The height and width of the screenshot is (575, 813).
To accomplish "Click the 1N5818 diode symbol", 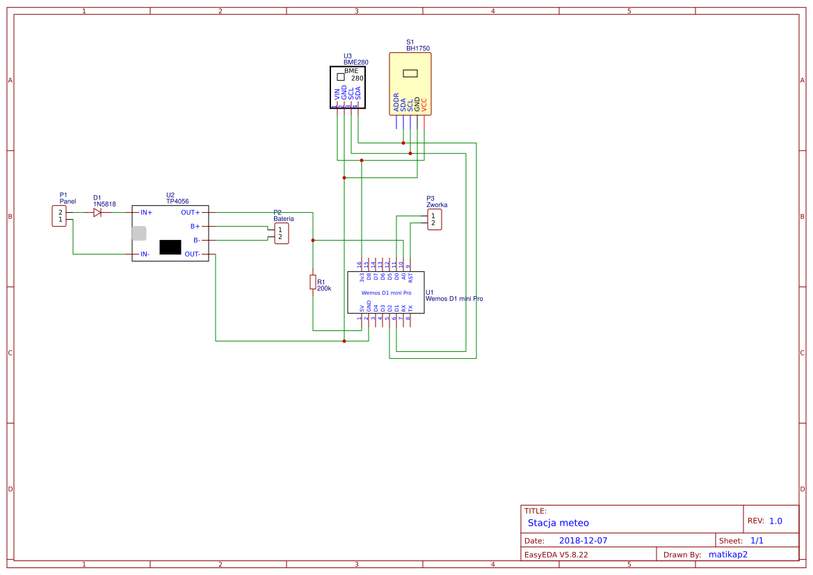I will [x=97, y=213].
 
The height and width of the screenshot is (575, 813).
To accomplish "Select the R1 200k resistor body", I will [x=313, y=282].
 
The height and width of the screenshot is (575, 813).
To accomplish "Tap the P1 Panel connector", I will [x=59, y=216].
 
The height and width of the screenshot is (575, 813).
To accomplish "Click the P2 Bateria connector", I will [x=281, y=233].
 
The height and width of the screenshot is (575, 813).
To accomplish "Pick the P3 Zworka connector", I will [x=434, y=220].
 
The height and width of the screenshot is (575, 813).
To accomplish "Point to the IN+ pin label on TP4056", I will [x=146, y=213].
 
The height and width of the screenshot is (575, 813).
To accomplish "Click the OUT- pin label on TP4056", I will [x=192, y=254].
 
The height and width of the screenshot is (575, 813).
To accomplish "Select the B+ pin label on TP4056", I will [x=195, y=227].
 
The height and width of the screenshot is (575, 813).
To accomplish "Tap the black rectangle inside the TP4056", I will [x=170, y=247].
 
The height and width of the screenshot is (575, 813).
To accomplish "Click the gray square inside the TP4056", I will [x=139, y=233].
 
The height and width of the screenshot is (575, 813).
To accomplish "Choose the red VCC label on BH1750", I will [x=424, y=105].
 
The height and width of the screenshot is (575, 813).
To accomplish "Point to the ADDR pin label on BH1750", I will [x=396, y=102].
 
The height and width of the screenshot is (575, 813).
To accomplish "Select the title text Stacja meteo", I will [x=558, y=523].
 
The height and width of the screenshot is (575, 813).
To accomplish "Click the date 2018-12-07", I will [x=583, y=540].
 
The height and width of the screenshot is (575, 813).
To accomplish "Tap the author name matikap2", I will [x=727, y=555].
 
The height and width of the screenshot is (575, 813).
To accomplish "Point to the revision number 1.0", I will [x=775, y=521].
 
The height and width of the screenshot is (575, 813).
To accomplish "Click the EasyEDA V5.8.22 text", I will [x=556, y=555].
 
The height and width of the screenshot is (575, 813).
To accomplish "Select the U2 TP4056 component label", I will [x=177, y=198].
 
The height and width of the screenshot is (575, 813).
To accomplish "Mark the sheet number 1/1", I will [x=757, y=540].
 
